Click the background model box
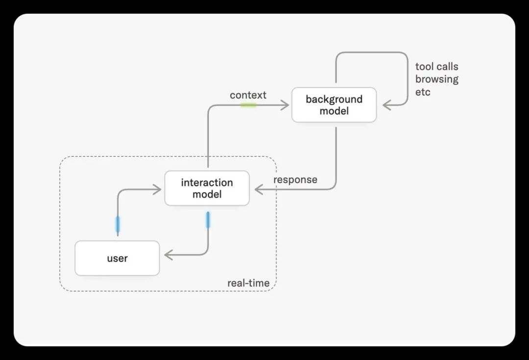[334, 105]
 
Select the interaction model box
[207, 188]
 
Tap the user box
[117, 258]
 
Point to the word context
[248, 95]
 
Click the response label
[295, 180]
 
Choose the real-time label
[248, 283]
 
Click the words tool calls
[436, 67]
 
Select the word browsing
[436, 79]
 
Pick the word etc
[423, 92]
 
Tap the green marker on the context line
[248, 105]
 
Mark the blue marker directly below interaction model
[208, 219]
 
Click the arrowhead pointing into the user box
[168, 255]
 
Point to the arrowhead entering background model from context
[285, 105]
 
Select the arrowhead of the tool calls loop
[386, 105]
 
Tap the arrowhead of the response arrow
[259, 189]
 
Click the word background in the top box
[334, 99]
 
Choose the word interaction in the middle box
[207, 183]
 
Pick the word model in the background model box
[334, 111]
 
